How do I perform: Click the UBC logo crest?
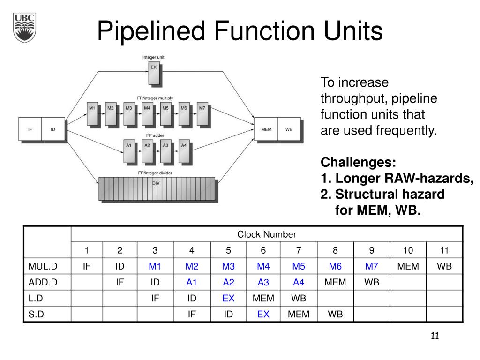click(x=24, y=28)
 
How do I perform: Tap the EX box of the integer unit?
click(x=154, y=73)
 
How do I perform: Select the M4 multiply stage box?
click(x=147, y=114)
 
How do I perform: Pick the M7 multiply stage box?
click(x=202, y=114)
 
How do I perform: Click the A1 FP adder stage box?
click(x=129, y=151)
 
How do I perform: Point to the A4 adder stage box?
click(x=184, y=151)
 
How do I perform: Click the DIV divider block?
click(x=157, y=189)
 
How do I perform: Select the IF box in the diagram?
click(x=30, y=129)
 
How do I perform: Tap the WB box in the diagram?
click(x=289, y=129)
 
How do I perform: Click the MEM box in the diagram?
click(x=266, y=129)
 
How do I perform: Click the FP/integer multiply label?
click(x=155, y=98)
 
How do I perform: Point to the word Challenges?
click(x=358, y=162)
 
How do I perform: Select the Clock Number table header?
click(x=267, y=234)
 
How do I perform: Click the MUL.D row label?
click(x=43, y=266)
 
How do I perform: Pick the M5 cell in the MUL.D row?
click(x=299, y=266)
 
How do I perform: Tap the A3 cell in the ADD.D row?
click(x=263, y=282)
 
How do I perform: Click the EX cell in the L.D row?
click(x=228, y=298)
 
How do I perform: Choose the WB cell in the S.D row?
click(x=335, y=314)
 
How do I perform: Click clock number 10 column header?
click(x=408, y=250)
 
